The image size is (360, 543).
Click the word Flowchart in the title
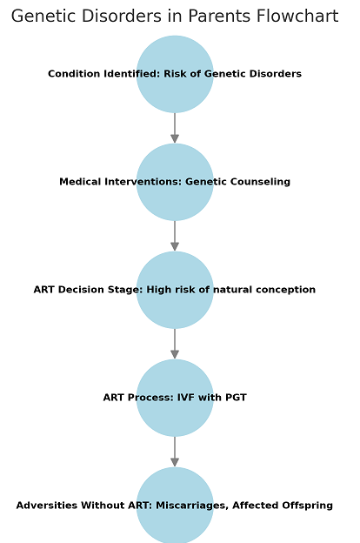(x=297, y=16)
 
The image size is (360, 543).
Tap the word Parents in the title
(x=219, y=16)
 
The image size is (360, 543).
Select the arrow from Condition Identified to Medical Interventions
(x=175, y=128)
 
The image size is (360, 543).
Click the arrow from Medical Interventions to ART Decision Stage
(x=175, y=236)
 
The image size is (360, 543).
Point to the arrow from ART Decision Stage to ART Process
(x=175, y=344)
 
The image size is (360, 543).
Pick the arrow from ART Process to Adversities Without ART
(x=175, y=452)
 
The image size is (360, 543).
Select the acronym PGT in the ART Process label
(x=236, y=397)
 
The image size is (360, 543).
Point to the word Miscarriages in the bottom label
(x=192, y=506)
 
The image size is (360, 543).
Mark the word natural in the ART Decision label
(x=232, y=290)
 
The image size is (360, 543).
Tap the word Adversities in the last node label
(x=47, y=506)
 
